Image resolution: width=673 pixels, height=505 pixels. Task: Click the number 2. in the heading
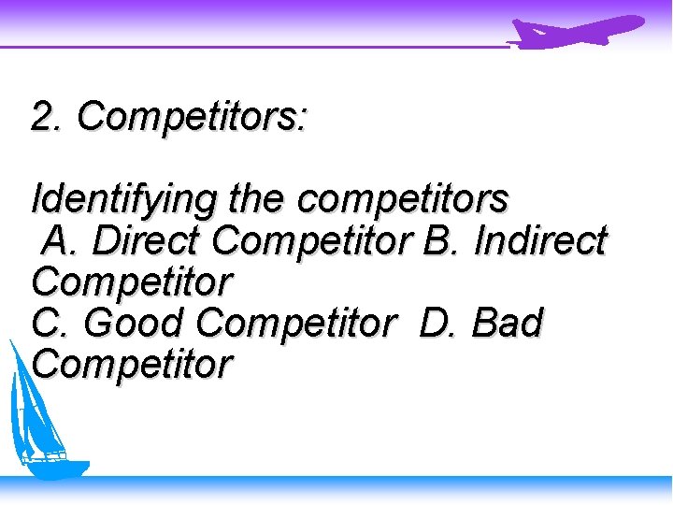pyautogui.click(x=48, y=118)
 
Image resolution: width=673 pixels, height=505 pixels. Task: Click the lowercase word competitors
pyautogui.click(x=403, y=200)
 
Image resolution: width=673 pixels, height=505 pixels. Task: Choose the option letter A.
pyautogui.click(x=59, y=240)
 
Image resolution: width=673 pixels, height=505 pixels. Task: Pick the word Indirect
pyautogui.click(x=540, y=240)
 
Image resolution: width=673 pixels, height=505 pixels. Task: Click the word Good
pyautogui.click(x=137, y=324)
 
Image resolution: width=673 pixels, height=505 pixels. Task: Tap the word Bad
pyautogui.click(x=508, y=324)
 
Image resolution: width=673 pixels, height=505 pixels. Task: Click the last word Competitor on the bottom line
pyautogui.click(x=132, y=365)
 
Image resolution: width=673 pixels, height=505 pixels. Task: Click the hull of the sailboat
pyautogui.click(x=51, y=466)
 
